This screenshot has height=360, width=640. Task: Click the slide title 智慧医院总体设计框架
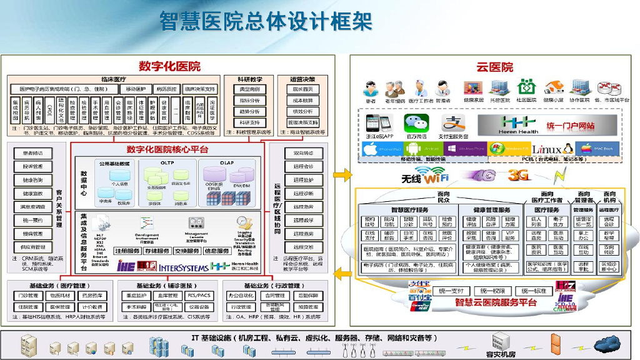pyautogui.click(x=266, y=22)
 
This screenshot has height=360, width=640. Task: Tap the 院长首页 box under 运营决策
pyautogui.click(x=302, y=89)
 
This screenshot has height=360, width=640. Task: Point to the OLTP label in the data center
pyautogui.click(x=165, y=162)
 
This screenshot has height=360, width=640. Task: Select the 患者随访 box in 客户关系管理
pyautogui.click(x=34, y=153)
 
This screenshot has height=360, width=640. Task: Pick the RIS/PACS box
pyautogui.click(x=199, y=296)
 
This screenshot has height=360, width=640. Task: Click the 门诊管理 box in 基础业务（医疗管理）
pyautogui.click(x=29, y=296)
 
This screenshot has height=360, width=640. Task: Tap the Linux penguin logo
pyautogui.click(x=568, y=149)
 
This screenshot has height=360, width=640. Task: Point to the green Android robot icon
pyautogui.click(x=413, y=149)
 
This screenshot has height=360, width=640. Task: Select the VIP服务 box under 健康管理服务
pyautogui.click(x=510, y=236)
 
